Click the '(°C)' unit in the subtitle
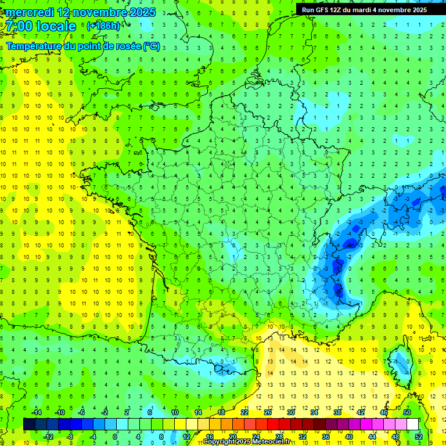(x=152, y=46)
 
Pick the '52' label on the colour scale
(x=418, y=437)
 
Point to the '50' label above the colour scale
(x=407, y=412)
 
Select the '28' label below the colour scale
(x=279, y=437)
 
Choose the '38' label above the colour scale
(x=337, y=412)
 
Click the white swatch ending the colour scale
(x=412, y=424)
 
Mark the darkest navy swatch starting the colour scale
(x=29, y=424)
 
